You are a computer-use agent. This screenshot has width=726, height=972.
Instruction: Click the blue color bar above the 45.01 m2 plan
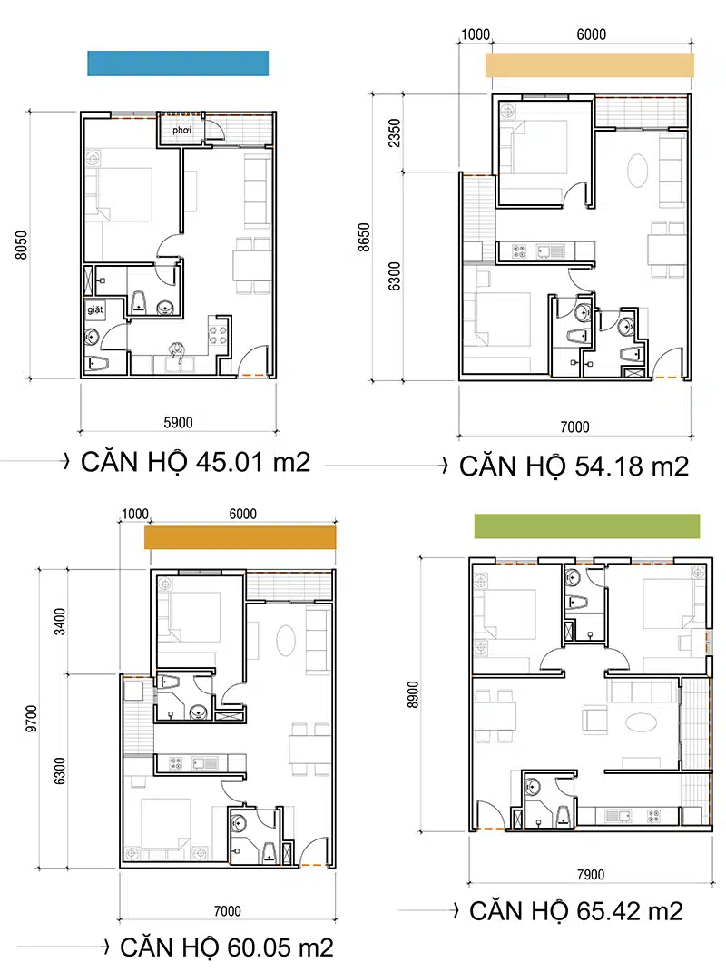tap(178, 64)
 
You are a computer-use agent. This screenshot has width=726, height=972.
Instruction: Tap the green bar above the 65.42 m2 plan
tap(587, 526)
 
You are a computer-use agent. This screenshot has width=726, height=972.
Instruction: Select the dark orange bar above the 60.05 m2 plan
tap(240, 537)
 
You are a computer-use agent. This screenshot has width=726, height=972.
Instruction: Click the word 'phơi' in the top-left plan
tap(181, 130)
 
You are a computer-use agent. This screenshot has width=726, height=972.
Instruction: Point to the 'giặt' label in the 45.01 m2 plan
tap(95, 309)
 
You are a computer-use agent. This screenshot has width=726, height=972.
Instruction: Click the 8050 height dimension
tap(22, 245)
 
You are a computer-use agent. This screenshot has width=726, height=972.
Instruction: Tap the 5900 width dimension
tap(178, 423)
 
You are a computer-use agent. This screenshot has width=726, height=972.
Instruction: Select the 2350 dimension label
tap(395, 133)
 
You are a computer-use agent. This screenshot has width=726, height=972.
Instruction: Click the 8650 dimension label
tap(364, 238)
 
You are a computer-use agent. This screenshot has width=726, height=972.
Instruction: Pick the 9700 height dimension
tap(32, 719)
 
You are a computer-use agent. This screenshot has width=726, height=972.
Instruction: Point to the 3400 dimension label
tap(60, 622)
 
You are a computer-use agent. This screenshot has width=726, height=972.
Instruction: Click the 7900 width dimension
tap(590, 875)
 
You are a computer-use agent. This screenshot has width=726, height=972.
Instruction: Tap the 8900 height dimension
tap(413, 694)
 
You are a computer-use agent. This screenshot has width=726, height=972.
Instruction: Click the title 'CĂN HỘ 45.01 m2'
tap(195, 463)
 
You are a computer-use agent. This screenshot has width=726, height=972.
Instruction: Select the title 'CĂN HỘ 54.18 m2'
tap(574, 466)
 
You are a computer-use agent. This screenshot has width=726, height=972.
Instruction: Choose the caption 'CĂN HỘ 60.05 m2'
tap(226, 947)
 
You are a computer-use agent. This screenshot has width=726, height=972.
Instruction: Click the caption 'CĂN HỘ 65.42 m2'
tap(576, 910)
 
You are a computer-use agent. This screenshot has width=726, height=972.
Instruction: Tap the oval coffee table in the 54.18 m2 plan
tap(637, 170)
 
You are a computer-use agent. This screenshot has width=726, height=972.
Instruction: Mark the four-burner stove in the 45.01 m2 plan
tap(217, 336)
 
